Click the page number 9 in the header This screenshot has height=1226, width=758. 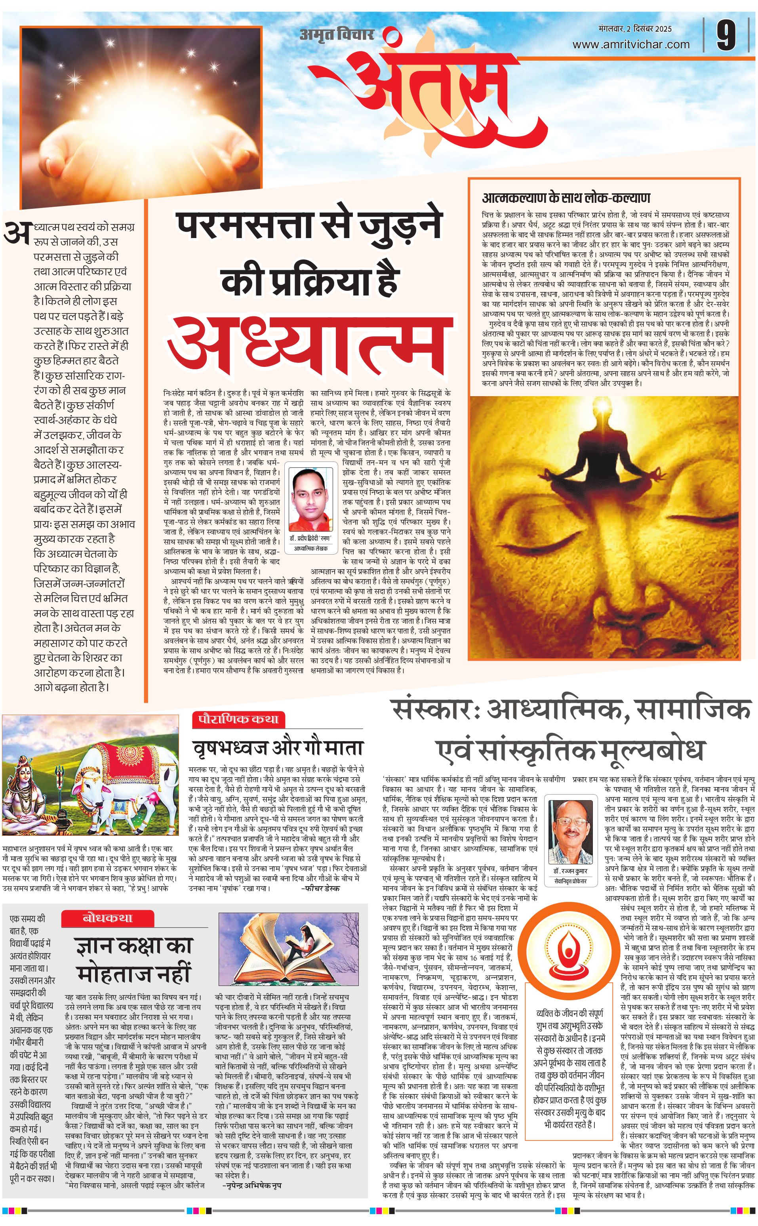click(726, 35)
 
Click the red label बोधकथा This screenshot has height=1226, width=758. click(108, 918)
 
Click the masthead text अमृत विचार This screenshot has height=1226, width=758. click(337, 34)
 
